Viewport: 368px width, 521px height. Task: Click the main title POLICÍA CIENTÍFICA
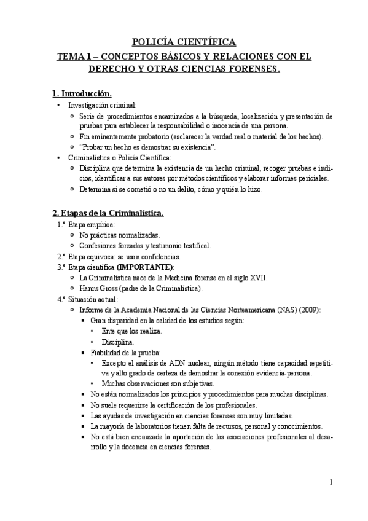pos(184,42)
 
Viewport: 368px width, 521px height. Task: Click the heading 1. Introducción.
pos(82,93)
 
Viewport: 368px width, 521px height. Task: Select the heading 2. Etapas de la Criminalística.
pos(108,213)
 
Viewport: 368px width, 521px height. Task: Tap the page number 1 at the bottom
pos(331,482)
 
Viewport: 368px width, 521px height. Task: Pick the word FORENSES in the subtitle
pos(255,69)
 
